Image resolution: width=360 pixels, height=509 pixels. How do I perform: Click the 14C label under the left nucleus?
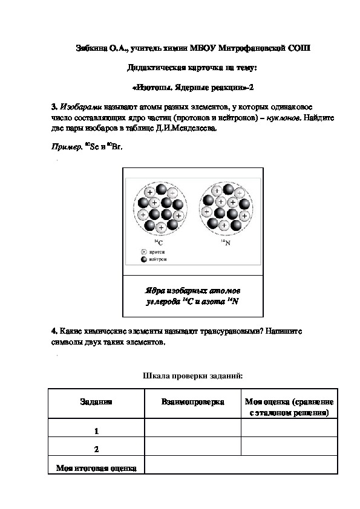(160, 242)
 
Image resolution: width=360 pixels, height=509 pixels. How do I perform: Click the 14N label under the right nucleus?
(223, 242)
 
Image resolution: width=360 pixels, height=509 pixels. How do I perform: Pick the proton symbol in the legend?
(144, 251)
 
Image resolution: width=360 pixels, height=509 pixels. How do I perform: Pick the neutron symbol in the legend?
(144, 259)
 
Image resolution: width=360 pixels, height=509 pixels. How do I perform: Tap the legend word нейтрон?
(159, 259)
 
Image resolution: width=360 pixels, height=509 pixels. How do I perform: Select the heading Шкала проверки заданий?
(192, 376)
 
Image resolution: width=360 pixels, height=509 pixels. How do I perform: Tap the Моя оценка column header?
(289, 407)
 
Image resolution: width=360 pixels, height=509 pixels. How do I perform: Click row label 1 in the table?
(96, 431)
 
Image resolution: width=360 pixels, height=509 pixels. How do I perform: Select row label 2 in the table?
(96, 449)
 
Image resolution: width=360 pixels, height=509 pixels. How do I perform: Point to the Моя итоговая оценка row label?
(96, 467)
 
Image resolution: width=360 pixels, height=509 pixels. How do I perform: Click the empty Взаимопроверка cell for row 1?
(192, 429)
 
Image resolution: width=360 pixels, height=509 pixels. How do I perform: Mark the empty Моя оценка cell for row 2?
(289, 447)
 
